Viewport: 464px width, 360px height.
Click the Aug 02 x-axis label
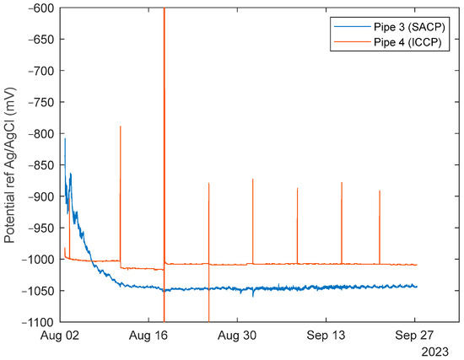tap(61, 335)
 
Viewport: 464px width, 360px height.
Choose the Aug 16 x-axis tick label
tap(149, 335)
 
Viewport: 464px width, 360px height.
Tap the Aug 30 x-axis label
tap(237, 335)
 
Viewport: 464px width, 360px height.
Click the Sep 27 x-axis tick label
tap(414, 335)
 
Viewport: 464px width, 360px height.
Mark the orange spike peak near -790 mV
tap(121, 126)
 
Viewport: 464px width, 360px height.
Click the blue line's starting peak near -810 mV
tap(65, 138)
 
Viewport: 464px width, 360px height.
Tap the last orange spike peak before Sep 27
tap(380, 191)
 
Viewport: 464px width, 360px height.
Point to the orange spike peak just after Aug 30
tap(252, 179)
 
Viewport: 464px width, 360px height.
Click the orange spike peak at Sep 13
tap(342, 182)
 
